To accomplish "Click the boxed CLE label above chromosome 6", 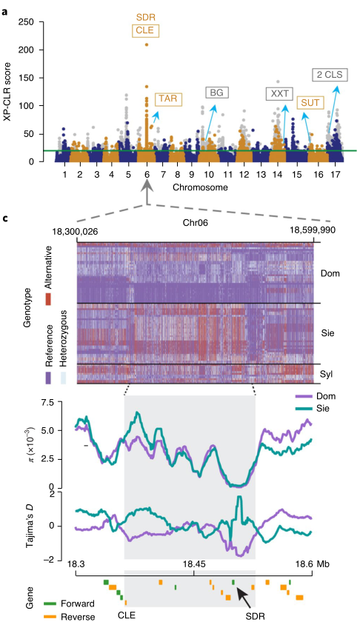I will (147, 30).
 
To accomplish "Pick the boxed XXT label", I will (279, 93).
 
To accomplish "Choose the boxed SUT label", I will (310, 101).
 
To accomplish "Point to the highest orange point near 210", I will (147, 44).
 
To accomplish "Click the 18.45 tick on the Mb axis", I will (194, 564).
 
